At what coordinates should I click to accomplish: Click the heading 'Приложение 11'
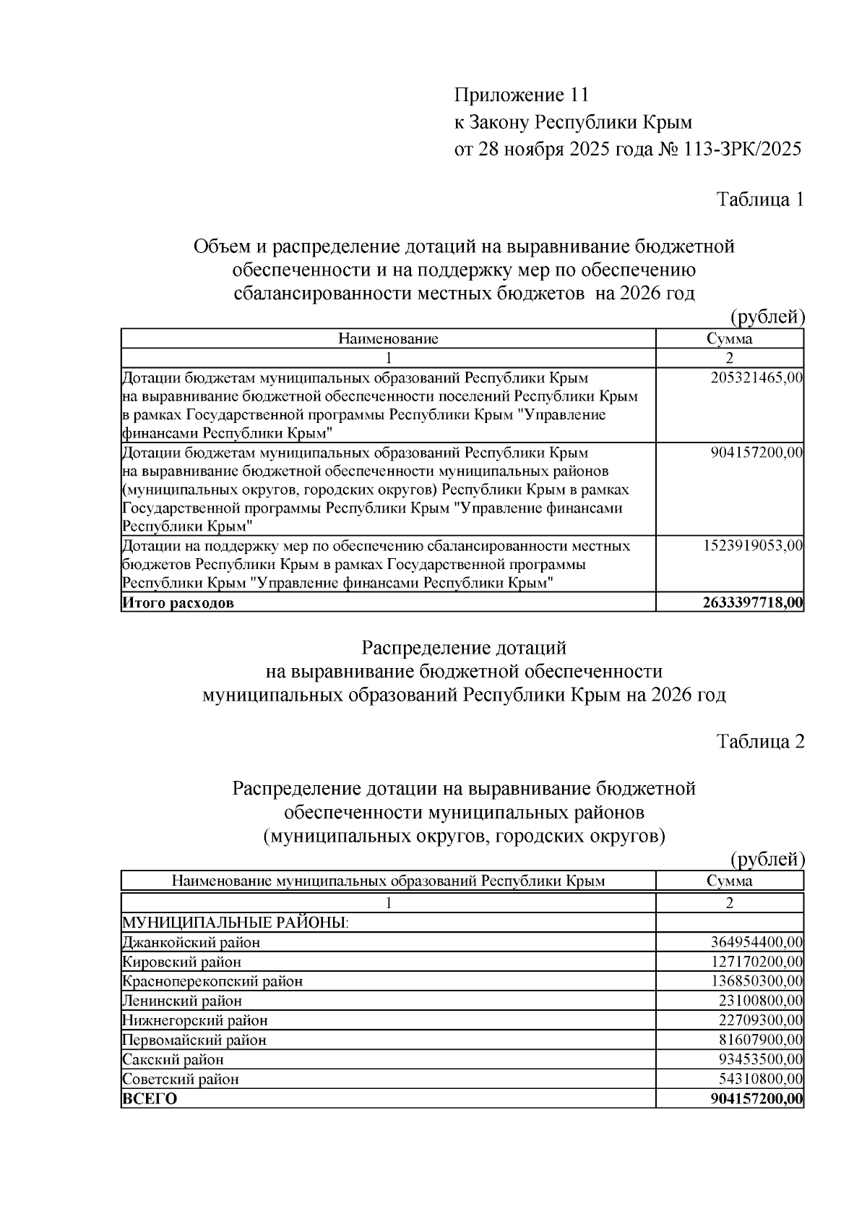522,95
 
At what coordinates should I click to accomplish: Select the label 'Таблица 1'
760,200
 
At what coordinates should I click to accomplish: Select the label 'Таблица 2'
760,741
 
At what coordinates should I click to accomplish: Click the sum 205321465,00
757,377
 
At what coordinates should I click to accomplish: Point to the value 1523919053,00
753,545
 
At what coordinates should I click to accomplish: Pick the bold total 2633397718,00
753,603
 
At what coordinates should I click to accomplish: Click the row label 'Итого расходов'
178,603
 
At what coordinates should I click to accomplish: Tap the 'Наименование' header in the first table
388,338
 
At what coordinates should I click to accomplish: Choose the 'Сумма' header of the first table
729,338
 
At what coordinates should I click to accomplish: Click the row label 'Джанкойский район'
191,942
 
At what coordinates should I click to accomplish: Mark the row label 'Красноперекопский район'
212,981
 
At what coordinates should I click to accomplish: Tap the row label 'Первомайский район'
194,1040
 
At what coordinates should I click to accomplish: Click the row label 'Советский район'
181,1079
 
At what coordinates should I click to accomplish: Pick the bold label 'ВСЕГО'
150,1099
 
